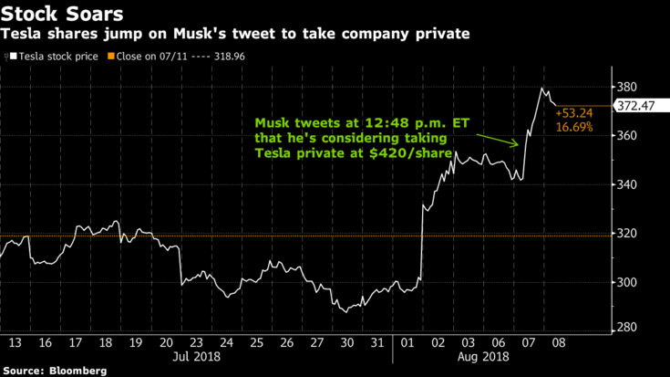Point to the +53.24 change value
(573, 114)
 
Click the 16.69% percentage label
(574, 128)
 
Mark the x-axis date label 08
(555, 342)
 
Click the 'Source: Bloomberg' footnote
(54, 371)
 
